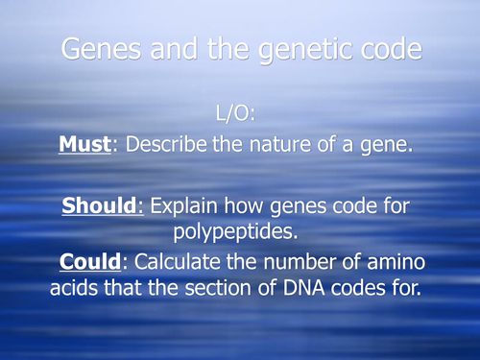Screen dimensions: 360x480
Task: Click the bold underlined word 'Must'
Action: click(x=84, y=147)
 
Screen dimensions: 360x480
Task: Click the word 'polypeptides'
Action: click(x=239, y=232)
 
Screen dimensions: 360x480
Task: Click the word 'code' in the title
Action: click(x=386, y=51)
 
